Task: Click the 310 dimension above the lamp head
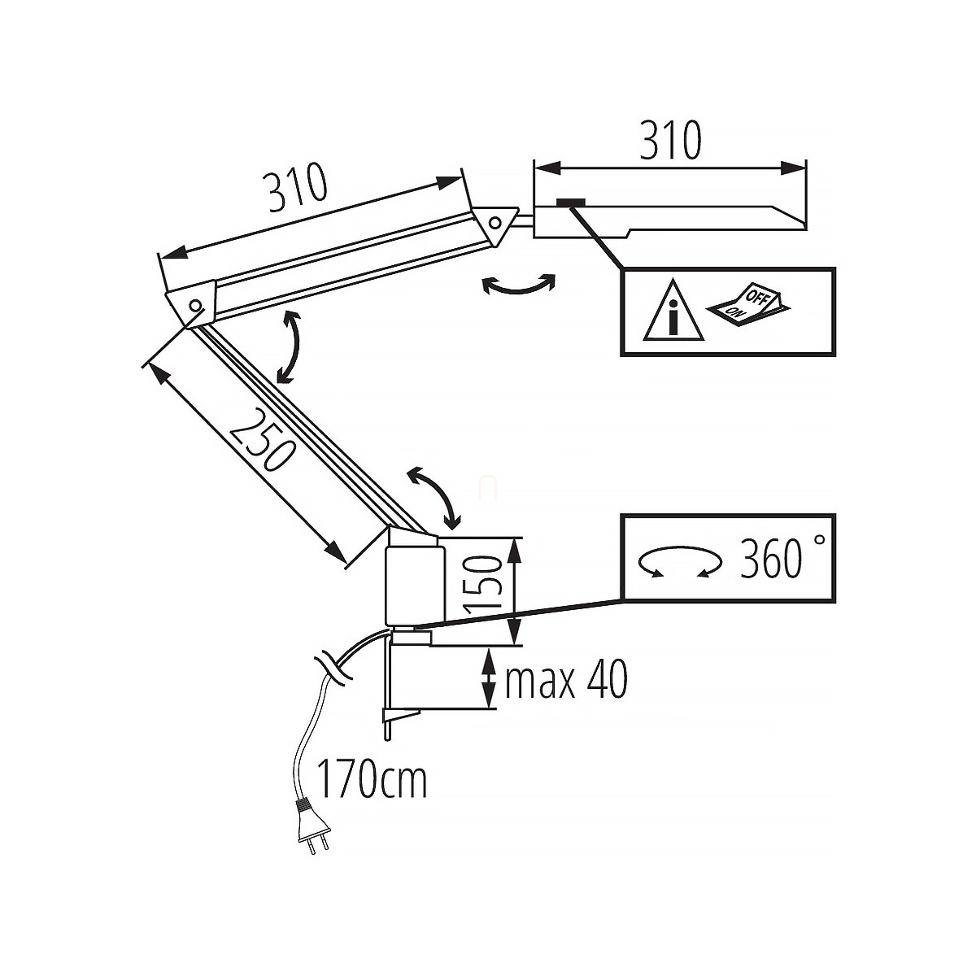[670, 141]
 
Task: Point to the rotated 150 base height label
[481, 584]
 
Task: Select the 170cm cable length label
[371, 780]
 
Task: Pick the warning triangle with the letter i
[673, 312]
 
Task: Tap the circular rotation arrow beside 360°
[680, 561]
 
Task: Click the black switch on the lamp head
[572, 203]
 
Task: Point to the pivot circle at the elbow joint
[195, 306]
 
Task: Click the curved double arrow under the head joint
[518, 285]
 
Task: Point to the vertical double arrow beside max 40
[488, 678]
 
